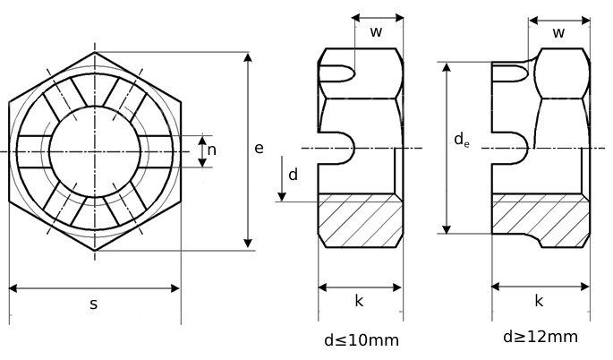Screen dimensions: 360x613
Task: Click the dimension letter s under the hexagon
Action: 93,304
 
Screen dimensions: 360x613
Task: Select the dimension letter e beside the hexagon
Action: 259,148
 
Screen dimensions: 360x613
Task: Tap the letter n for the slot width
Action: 212,150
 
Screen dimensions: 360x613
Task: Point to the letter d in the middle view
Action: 293,174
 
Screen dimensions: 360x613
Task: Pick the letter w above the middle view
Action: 377,32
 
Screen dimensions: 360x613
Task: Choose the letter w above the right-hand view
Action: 558,33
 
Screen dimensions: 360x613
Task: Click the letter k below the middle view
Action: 359,301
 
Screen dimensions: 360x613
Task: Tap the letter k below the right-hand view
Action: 539,301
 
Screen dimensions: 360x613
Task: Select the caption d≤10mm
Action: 361,340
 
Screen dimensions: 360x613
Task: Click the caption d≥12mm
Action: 540,337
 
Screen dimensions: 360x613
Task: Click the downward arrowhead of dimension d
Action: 282,196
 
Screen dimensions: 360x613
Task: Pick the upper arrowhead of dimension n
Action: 202,140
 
